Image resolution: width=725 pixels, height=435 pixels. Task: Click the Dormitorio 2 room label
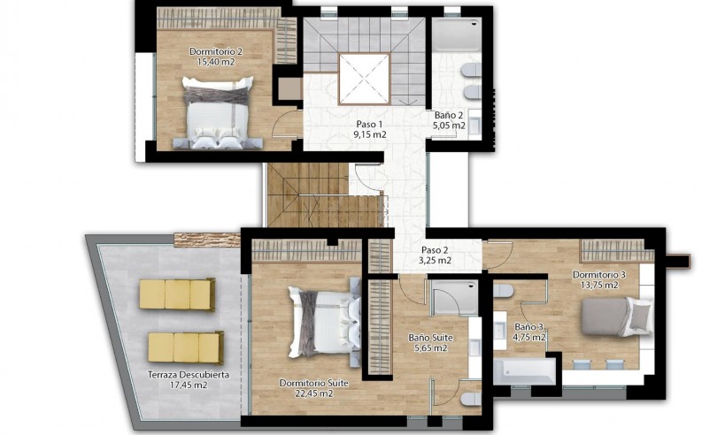tap(214, 51)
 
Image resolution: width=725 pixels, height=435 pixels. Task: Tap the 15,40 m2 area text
tap(214, 62)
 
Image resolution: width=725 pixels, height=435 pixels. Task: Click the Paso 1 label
tap(369, 125)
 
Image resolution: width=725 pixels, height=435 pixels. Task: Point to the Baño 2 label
tap(449, 115)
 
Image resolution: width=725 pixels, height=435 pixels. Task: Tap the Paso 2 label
tap(435, 249)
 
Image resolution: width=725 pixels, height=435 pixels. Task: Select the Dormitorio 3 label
tap(598, 274)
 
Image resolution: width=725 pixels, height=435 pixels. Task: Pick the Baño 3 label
tap(530, 326)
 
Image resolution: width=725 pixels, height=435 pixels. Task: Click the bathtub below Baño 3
tap(524, 370)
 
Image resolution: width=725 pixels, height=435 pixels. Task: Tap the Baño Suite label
tap(431, 337)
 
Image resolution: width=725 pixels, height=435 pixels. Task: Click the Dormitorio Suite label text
tap(312, 383)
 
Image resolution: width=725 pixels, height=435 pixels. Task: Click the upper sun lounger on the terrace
tap(177, 294)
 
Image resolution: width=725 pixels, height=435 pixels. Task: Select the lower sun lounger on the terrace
tap(185, 347)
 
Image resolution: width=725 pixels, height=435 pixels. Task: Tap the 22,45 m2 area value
tap(312, 393)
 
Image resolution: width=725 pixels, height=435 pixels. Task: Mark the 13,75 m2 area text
tap(598, 285)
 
